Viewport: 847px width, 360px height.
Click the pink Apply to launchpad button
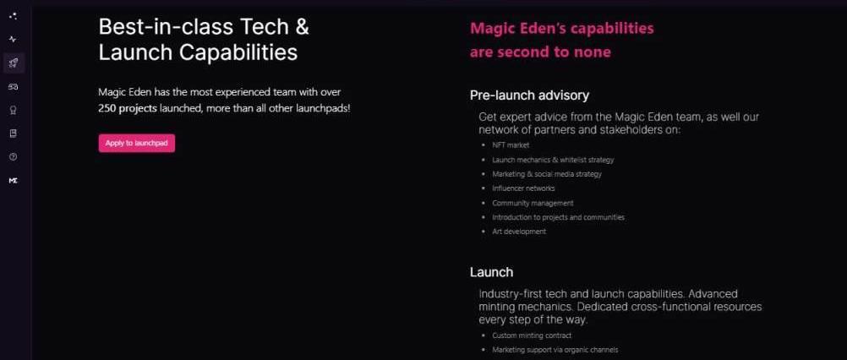coord(137,143)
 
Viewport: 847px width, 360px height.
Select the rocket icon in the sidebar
coord(14,63)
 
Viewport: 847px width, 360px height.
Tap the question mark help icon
coord(14,156)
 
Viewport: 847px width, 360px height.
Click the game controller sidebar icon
coord(14,86)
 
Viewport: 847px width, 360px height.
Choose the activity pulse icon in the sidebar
coord(14,40)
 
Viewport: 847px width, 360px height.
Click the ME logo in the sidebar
coord(14,181)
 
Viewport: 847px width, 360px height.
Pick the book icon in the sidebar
coord(14,134)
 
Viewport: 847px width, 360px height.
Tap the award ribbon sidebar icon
coord(14,110)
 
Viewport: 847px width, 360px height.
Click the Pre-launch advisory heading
coord(529,95)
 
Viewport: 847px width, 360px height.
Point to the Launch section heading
coord(492,272)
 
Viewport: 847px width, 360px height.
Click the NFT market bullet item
coord(511,145)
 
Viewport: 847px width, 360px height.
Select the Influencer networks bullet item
coord(523,188)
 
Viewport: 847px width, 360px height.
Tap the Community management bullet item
coord(533,203)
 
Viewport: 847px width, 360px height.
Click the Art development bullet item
coord(519,232)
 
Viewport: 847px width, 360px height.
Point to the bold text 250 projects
coord(128,108)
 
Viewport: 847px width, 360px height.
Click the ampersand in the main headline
coord(302,27)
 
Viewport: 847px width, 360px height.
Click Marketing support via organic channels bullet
coord(555,350)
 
